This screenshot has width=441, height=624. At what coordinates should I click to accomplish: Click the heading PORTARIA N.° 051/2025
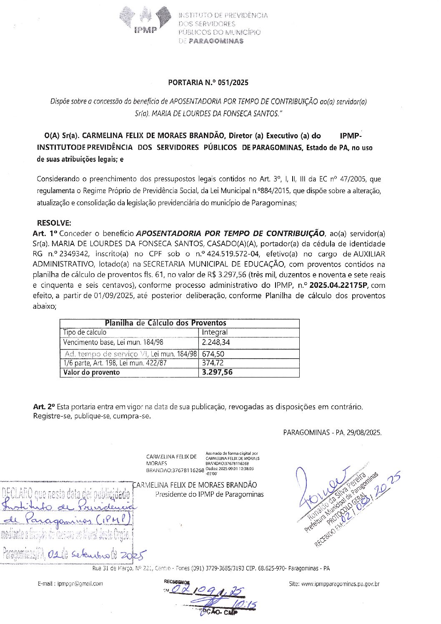coord(208,83)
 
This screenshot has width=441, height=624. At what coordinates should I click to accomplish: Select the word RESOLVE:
coord(54,223)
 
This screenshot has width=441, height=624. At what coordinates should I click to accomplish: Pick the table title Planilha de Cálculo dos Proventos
coord(165,323)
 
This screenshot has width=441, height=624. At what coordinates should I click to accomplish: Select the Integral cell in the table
coord(215,332)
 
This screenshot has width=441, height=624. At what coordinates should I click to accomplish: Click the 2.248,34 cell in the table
coord(215,342)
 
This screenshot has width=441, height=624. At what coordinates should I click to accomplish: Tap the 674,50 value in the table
coord(213,354)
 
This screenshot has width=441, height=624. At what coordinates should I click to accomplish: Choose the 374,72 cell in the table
coord(213,363)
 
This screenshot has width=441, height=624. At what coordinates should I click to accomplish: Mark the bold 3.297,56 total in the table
coord(217,372)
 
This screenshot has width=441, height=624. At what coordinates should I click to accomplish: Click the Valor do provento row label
coord(91,372)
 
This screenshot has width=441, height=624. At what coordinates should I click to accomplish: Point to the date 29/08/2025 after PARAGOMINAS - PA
coord(363,433)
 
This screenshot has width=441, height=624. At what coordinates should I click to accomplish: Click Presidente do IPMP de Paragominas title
coord(209,494)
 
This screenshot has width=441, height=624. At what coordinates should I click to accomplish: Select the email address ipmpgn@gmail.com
coord(80,584)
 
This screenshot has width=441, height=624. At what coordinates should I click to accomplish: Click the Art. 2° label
coord(44,406)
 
